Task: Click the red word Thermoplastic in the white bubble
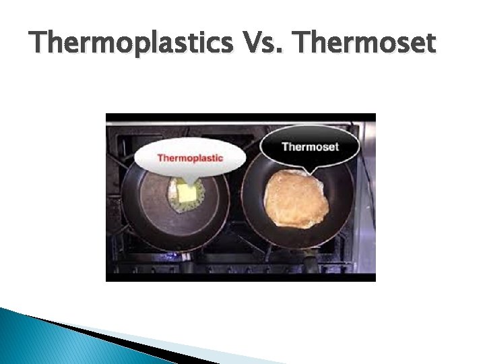[x=190, y=158]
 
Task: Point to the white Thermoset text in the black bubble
[x=310, y=147]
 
